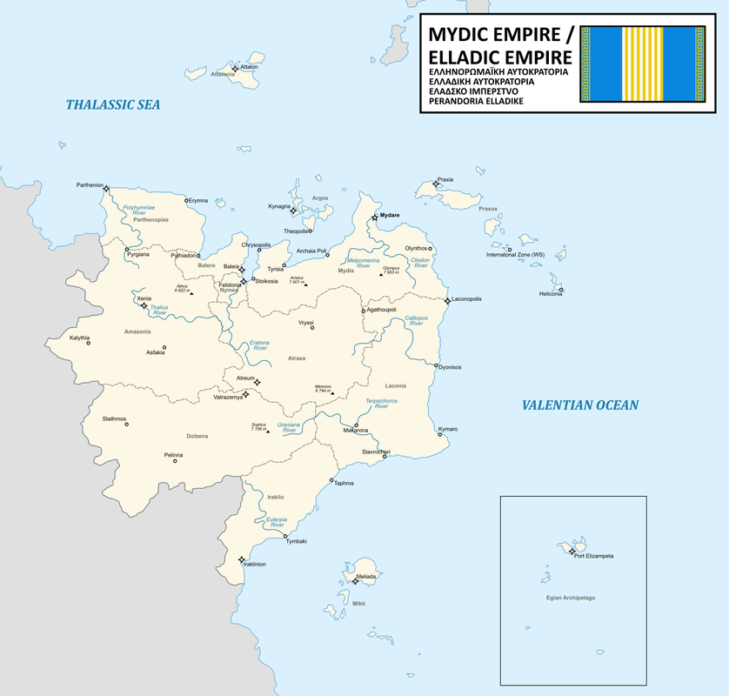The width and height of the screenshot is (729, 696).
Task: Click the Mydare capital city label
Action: [x=390, y=215]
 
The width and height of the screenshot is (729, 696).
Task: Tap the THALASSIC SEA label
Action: [x=113, y=104]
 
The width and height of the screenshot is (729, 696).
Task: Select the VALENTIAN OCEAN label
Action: [x=580, y=405]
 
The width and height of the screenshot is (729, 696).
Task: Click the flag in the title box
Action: [x=642, y=64]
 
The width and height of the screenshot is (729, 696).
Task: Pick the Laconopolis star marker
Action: [x=447, y=300]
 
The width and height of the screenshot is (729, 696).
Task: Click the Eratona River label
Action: [x=260, y=345]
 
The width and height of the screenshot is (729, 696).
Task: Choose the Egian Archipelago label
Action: [x=571, y=598]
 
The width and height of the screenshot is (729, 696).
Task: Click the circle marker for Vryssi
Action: [x=312, y=328]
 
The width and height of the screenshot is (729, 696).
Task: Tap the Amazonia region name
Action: [x=137, y=331]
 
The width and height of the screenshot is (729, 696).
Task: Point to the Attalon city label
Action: [x=249, y=66]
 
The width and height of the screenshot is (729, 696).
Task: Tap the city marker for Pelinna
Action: [x=175, y=461]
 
